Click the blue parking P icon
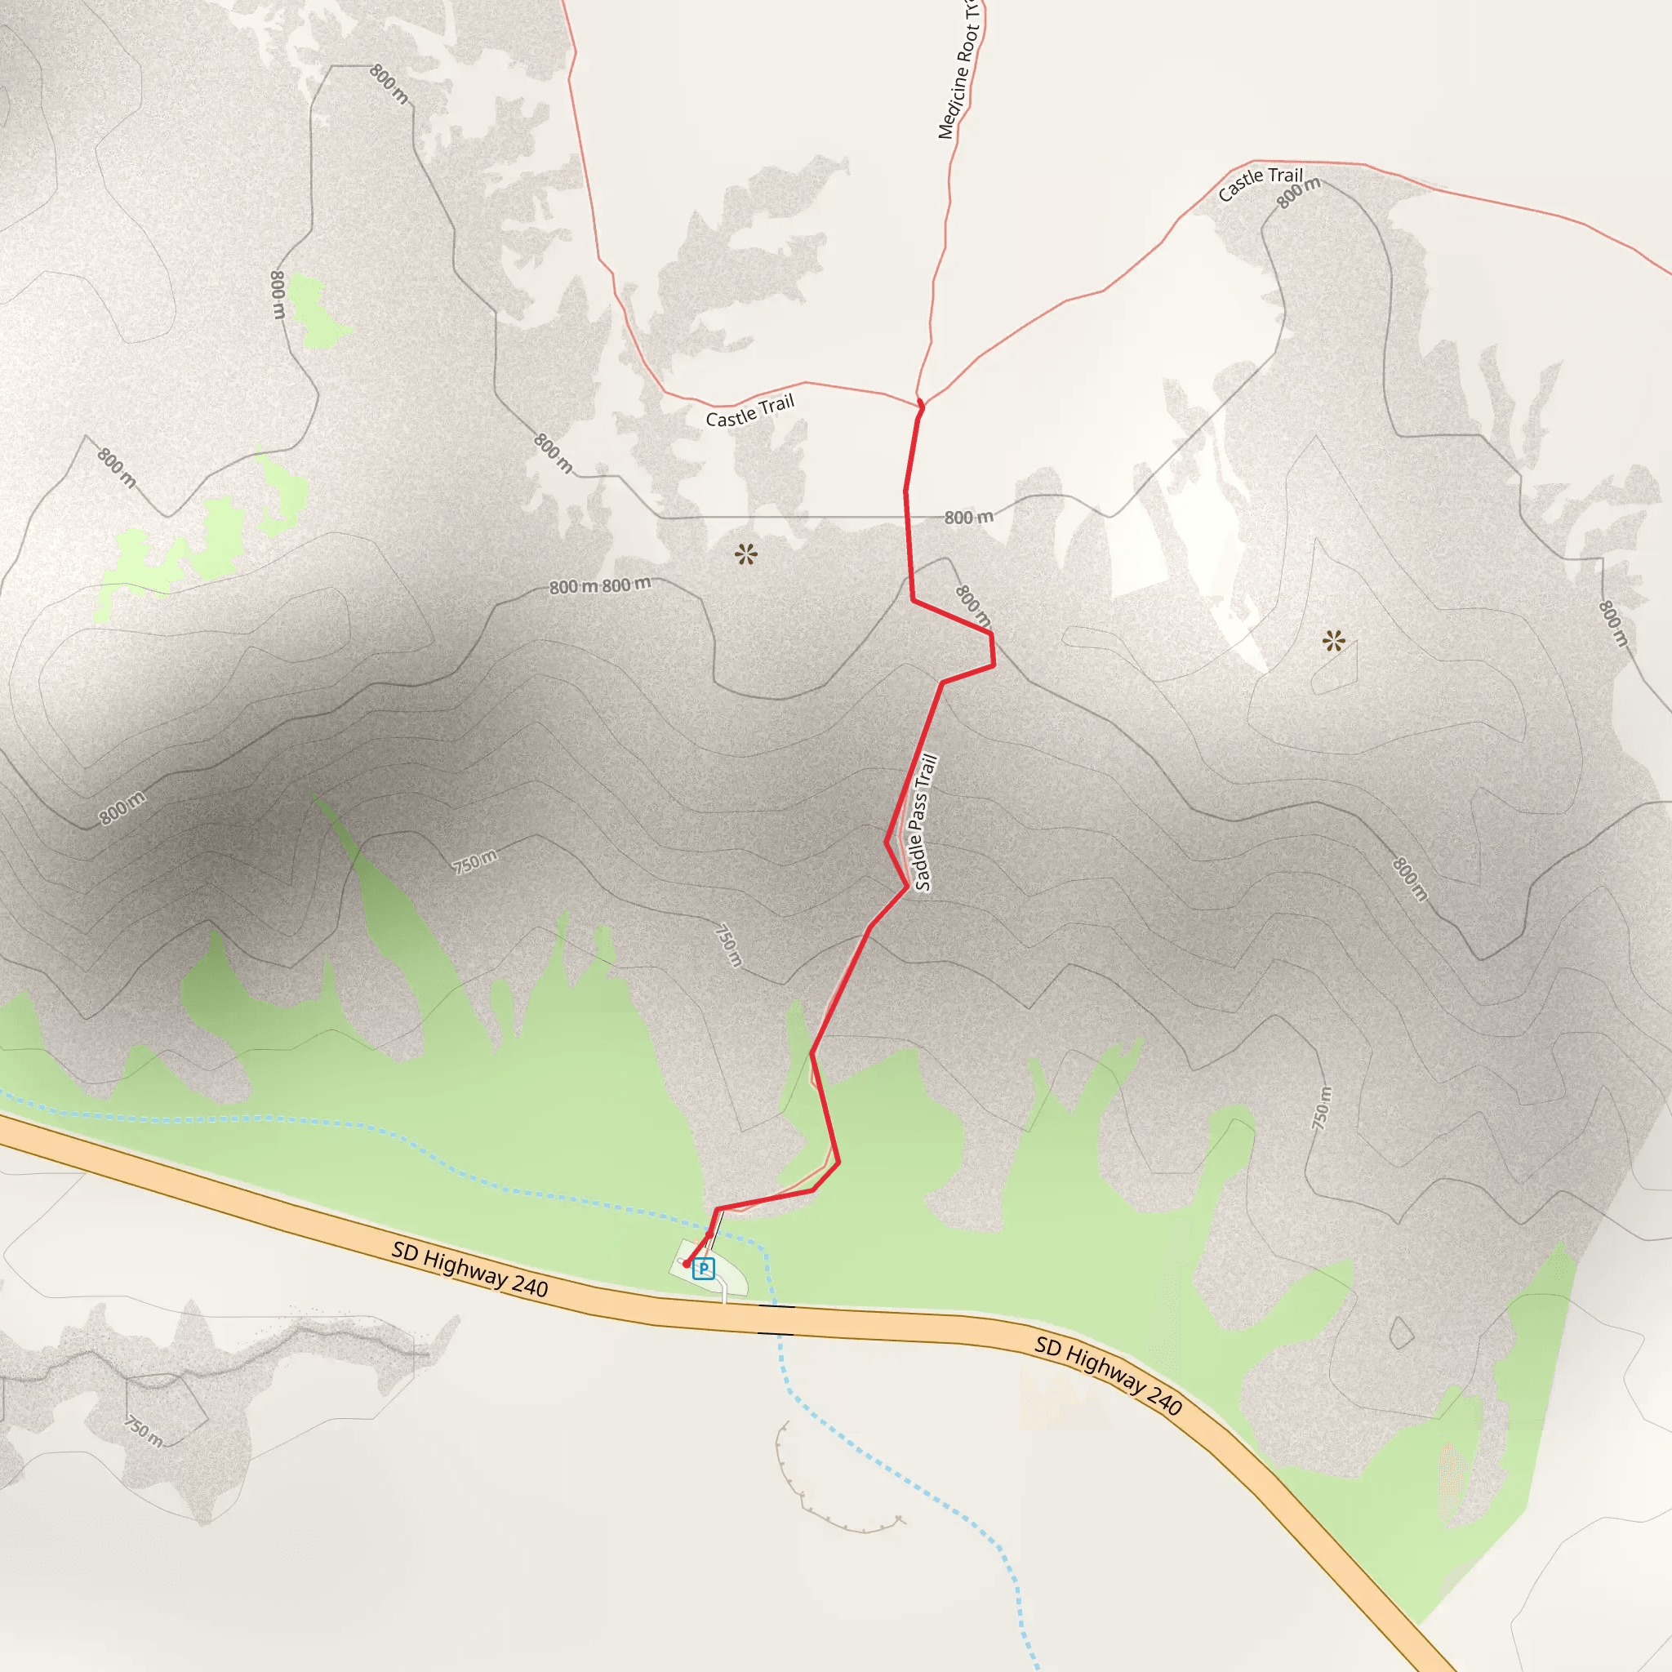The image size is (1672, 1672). pos(704,1269)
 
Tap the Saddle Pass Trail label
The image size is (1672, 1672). pos(924,823)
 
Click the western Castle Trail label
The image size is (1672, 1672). pos(749,412)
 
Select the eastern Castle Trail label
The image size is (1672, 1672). pos(1259,184)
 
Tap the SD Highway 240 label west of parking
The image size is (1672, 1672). pos(470,1270)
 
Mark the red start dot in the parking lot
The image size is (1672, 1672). pos(686,1264)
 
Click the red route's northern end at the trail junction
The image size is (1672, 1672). pos(920,403)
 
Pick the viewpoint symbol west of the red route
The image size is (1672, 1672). pos(746,554)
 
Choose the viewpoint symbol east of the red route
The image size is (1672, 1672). pos(1334,641)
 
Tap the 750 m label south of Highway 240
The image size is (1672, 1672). pos(144,1430)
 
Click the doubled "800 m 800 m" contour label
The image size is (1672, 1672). pos(600,586)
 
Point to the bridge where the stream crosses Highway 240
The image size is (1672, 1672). pos(776,1319)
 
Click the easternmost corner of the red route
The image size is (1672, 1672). pos(994,665)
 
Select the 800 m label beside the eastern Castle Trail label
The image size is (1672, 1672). pos(1299,192)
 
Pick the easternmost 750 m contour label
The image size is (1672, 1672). pos(1321,1107)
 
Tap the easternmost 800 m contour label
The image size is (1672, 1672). pos(1612,623)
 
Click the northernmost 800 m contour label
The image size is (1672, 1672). pos(389,84)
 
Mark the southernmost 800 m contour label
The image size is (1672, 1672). pos(1410,878)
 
